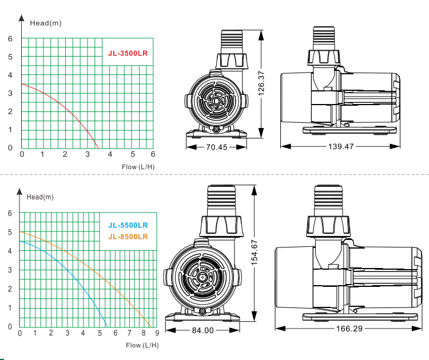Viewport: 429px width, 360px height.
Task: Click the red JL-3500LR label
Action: pos(128,53)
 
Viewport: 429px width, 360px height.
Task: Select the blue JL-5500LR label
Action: pos(128,225)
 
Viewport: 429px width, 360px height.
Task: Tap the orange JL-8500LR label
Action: pos(128,237)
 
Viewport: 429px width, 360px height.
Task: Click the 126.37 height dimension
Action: pos(261,83)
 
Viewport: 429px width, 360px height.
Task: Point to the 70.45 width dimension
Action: pos(216,147)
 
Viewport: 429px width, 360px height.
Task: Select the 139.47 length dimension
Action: pos(341,146)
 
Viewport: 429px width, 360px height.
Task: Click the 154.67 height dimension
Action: pos(255,253)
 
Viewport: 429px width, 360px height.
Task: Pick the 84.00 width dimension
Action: pos(202,330)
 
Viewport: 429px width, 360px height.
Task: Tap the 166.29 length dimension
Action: pos(349,329)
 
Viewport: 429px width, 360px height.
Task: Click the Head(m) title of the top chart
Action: pos(46,23)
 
